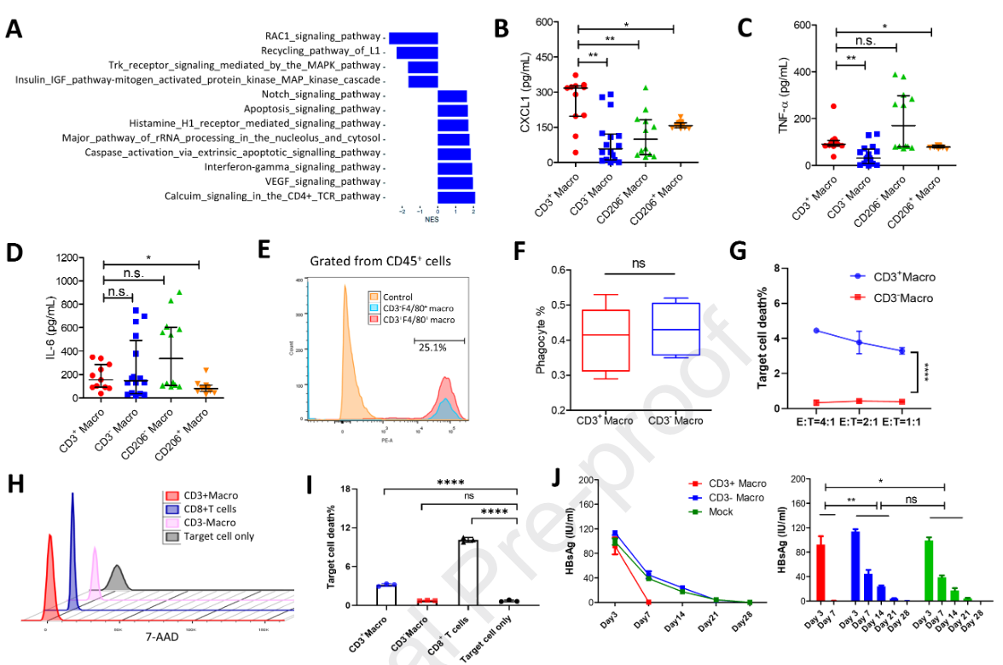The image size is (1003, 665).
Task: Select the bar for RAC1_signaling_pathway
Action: click(414, 38)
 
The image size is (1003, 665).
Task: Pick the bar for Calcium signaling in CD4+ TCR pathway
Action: click(456, 197)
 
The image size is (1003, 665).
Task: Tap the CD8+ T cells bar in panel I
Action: click(466, 572)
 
